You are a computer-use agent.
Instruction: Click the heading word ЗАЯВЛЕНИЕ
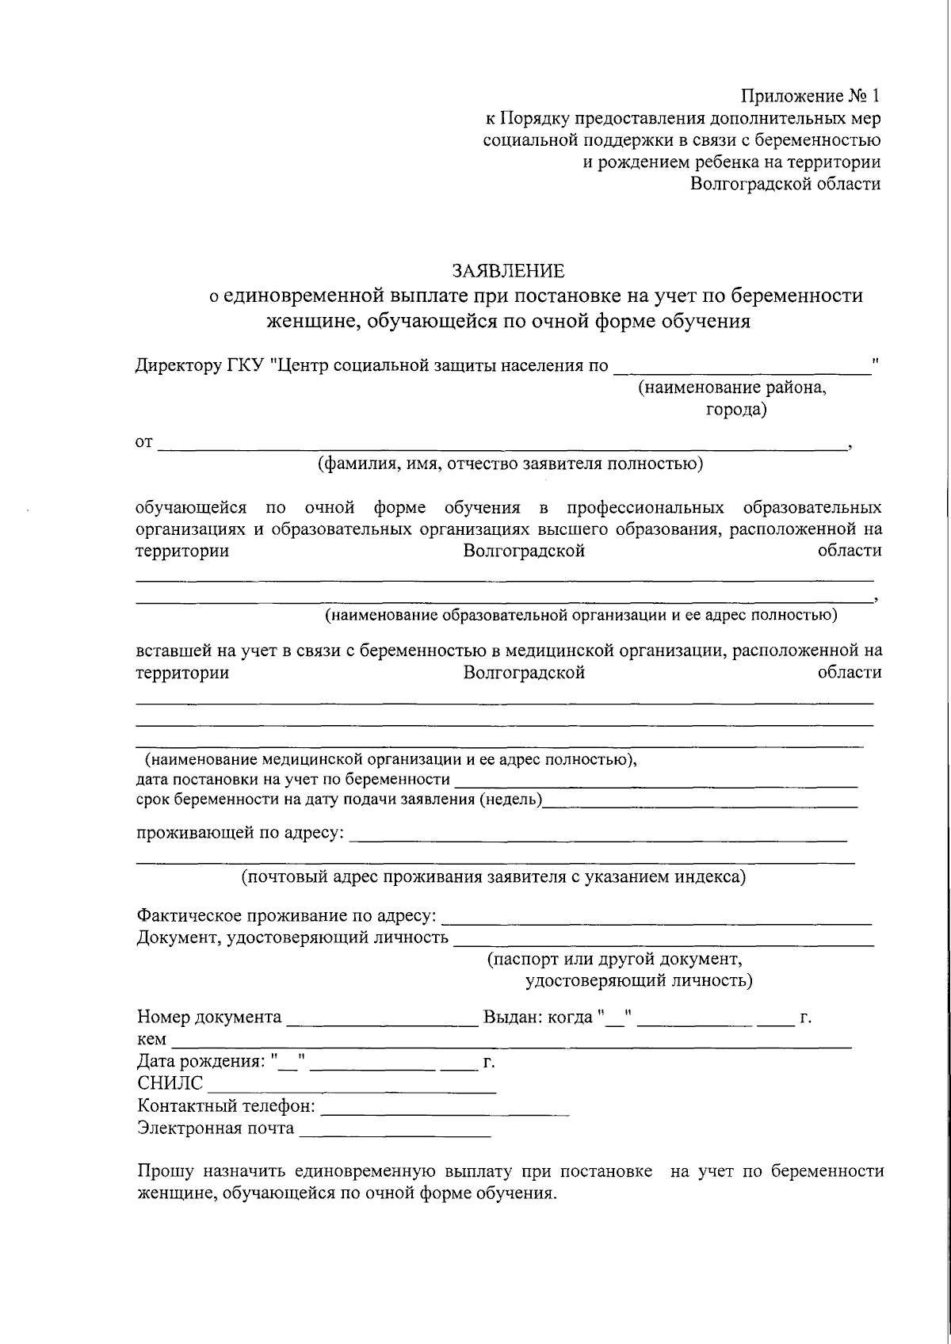pyautogui.click(x=508, y=271)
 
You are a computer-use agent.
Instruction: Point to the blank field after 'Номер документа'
pyautogui.click(x=382, y=1018)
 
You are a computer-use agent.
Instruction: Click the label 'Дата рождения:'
pyautogui.click(x=201, y=1062)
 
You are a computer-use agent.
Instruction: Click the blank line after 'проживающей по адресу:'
pyautogui.click(x=598, y=834)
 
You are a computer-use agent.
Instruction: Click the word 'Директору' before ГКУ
pyautogui.click(x=174, y=366)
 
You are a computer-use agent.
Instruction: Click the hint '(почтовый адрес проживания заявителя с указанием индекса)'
pyautogui.click(x=494, y=877)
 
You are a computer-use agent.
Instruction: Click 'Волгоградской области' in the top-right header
pyautogui.click(x=785, y=184)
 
